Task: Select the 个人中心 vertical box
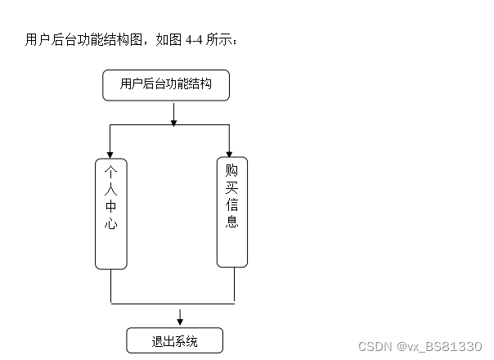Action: pos(111,213)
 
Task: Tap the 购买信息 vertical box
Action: pos(232,212)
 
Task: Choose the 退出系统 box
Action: pos(174,340)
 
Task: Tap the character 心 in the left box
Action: pos(111,223)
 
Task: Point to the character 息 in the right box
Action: pos(232,222)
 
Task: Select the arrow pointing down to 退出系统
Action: pos(180,318)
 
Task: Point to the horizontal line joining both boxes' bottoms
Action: pos(173,303)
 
